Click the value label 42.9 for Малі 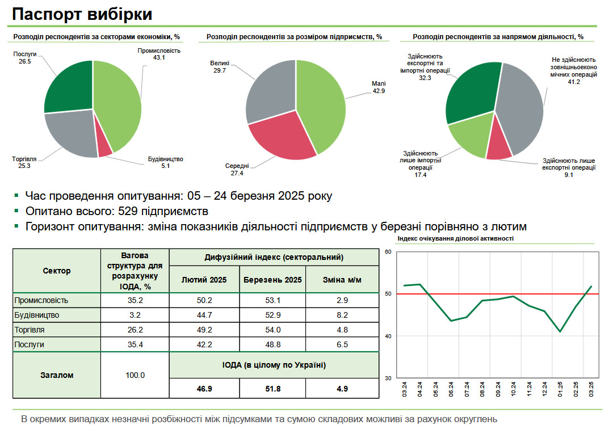point(379,91)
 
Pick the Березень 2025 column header point(272,280)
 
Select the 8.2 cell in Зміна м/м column point(342,315)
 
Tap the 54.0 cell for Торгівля point(272,330)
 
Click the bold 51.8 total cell point(272,389)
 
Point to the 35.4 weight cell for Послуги point(135,344)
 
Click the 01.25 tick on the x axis point(560,389)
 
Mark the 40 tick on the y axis point(389,336)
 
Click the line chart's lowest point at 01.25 point(560,331)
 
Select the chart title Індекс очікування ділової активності point(456,239)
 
